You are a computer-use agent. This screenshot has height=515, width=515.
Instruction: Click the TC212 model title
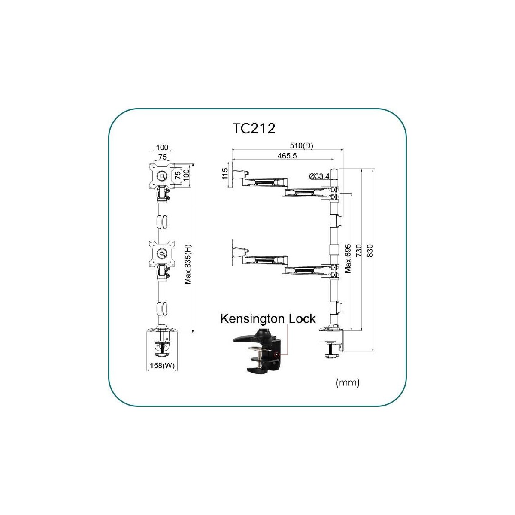coord(254,129)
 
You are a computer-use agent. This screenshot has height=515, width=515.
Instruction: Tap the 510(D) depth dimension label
coord(301,145)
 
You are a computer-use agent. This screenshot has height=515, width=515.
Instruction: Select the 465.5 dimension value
coord(287,156)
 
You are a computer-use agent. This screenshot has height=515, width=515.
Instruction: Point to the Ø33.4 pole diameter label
coord(319,176)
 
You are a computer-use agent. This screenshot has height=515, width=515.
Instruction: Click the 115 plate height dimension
coord(225,173)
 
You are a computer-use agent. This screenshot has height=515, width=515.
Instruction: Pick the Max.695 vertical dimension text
coord(348,258)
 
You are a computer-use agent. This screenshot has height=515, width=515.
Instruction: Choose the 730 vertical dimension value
coord(359,250)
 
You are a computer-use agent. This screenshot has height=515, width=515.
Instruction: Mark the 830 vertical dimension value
coord(370,250)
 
